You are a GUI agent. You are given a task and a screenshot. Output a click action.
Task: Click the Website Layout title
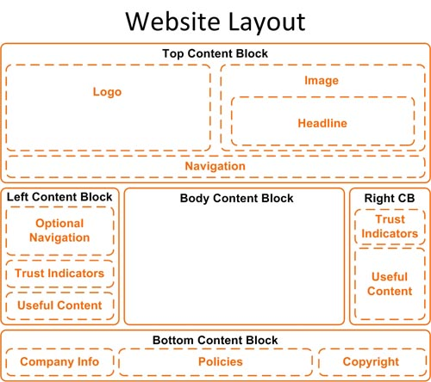pyautogui.click(x=215, y=22)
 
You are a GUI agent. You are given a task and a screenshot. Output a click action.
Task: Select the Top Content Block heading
pyautogui.click(x=215, y=53)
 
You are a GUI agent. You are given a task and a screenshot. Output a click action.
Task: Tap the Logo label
pyautogui.click(x=107, y=92)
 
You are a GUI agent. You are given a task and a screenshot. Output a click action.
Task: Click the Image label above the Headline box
pyautogui.click(x=322, y=81)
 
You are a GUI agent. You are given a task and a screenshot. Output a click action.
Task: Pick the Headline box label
pyautogui.click(x=322, y=123)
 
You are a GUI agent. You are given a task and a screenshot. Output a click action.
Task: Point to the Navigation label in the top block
pyautogui.click(x=215, y=166)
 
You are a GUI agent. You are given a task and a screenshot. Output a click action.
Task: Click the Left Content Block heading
pyautogui.click(x=59, y=197)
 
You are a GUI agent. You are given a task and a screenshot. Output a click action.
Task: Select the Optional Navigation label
pyautogui.click(x=59, y=231)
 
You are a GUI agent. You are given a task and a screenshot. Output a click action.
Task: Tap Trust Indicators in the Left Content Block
pyautogui.click(x=59, y=274)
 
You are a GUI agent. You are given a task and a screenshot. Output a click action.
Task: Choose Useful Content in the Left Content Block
pyautogui.click(x=59, y=305)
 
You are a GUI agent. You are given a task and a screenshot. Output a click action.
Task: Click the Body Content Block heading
pyautogui.click(x=236, y=199)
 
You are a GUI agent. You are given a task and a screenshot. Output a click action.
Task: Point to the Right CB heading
pyautogui.click(x=390, y=198)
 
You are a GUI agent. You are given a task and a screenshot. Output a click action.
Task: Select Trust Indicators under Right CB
pyautogui.click(x=390, y=226)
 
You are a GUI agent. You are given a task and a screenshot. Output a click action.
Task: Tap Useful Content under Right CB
pyautogui.click(x=390, y=284)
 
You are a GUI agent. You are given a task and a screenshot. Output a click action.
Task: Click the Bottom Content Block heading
pyautogui.click(x=215, y=341)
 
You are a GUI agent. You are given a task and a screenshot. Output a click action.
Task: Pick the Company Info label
pyautogui.click(x=59, y=362)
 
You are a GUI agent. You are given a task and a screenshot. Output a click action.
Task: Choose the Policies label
pyautogui.click(x=221, y=362)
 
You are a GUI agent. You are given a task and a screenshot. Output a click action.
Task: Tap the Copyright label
pyautogui.click(x=371, y=362)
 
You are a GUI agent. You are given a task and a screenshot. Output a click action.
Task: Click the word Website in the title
pyautogui.click(x=172, y=22)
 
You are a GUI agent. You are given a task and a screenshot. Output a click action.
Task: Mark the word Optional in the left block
pyautogui.click(x=59, y=224)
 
